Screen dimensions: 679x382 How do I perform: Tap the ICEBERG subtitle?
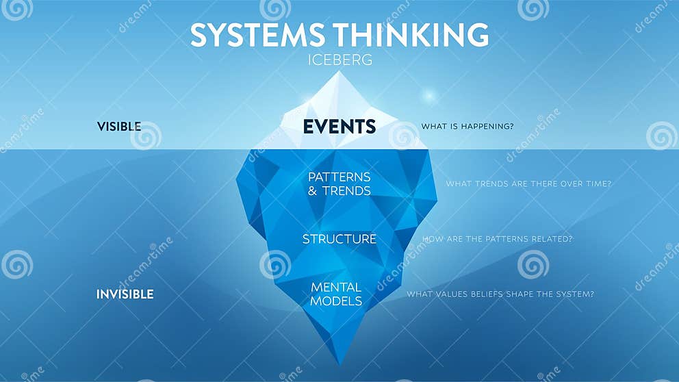coord(339,60)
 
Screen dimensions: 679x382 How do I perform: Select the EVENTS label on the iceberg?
coord(339,127)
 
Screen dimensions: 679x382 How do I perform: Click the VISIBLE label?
coord(119,127)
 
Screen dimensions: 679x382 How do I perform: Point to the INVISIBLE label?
coord(125,294)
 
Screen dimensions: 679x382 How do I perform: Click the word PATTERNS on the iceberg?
coord(339,177)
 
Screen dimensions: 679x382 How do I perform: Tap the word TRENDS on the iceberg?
coord(346,191)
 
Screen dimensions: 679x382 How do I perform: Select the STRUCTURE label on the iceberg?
coord(339,239)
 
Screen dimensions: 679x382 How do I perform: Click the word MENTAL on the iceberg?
coord(335,287)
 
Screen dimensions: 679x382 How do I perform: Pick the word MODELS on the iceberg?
coord(335,301)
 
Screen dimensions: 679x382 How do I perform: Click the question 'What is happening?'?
coord(467,127)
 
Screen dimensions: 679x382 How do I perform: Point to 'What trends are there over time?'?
coord(528,183)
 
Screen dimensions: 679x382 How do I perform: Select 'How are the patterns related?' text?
coord(498,239)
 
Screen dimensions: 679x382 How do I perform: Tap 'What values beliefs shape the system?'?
coord(500,294)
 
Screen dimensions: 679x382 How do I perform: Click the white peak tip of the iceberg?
coord(339,73)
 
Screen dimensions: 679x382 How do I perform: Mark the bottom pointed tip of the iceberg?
coord(339,363)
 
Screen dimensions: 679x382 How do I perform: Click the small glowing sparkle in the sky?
coord(429,95)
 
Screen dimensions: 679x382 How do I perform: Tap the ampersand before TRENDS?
coord(313,191)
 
